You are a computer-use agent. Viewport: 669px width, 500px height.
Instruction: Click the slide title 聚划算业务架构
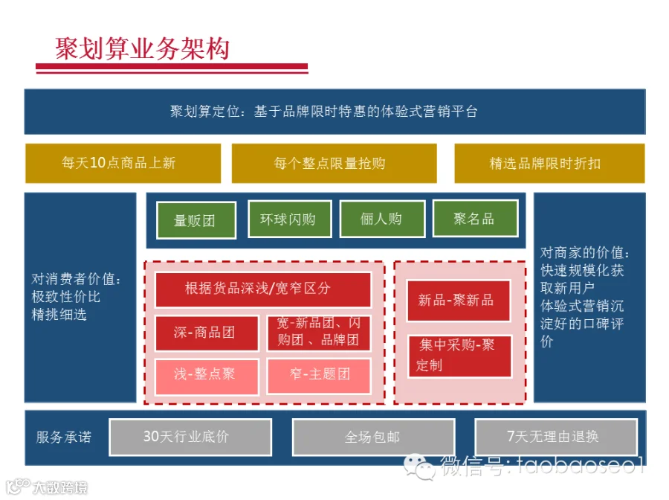[143, 48]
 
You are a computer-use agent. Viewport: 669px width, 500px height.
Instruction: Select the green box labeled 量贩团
[196, 220]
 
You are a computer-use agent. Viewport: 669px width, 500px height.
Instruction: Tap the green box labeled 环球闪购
[290, 219]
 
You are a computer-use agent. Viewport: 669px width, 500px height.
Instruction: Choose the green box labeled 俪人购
[382, 219]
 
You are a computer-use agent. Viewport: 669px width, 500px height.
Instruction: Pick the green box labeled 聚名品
[475, 218]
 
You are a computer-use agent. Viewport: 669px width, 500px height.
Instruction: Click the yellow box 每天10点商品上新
[123, 163]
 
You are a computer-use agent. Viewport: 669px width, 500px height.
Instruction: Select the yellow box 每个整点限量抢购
[334, 163]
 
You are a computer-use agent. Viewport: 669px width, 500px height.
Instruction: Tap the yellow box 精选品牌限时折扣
[549, 163]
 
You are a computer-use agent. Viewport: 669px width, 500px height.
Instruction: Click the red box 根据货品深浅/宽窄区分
[263, 289]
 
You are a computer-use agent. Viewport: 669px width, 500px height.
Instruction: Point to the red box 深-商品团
[207, 333]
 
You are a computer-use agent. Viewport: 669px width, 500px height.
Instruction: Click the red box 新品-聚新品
[458, 300]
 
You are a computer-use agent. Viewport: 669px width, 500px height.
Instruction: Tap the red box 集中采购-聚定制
[459, 356]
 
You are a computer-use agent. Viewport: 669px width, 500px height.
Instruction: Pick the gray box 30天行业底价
[190, 437]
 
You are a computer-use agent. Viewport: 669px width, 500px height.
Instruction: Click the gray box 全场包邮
[373, 437]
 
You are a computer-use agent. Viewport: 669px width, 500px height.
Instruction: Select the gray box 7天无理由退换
[556, 437]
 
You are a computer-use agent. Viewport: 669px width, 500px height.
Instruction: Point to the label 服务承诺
[64, 437]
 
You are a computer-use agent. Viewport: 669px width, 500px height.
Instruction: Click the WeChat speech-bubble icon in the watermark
[419, 467]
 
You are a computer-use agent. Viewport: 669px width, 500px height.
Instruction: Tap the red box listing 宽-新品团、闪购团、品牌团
[319, 333]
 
